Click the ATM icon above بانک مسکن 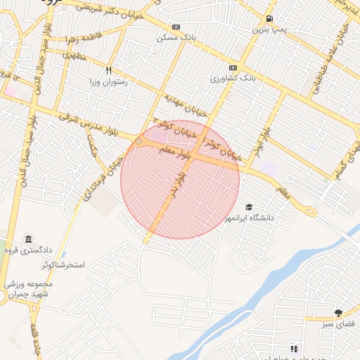[x=176, y=25]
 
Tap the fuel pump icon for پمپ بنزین [x=271, y=19]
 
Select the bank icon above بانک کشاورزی [x=233, y=68]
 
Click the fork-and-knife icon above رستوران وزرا [x=108, y=70]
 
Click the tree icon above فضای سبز [x=338, y=313]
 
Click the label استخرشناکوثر [x=60, y=265]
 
